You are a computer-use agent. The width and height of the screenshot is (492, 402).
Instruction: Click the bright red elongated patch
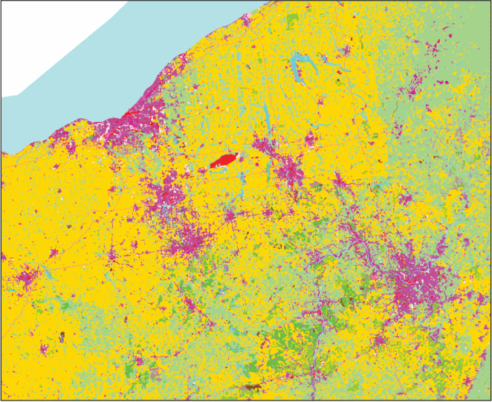click(x=224, y=161)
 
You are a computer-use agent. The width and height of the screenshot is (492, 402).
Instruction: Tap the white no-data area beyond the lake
click(x=52, y=45)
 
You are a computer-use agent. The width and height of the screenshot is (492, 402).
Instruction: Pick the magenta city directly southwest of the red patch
click(x=167, y=197)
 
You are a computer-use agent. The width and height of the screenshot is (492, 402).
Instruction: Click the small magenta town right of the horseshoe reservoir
click(x=343, y=52)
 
